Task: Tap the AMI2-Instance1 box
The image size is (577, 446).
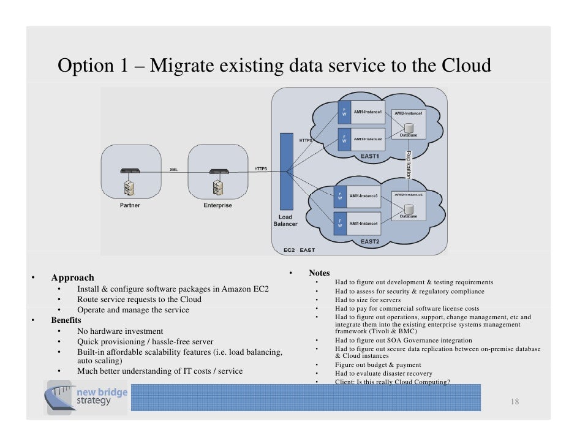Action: point(409,113)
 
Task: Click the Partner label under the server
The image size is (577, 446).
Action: point(129,205)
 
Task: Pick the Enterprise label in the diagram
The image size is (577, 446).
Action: point(217,205)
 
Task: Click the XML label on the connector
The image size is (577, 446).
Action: point(173,170)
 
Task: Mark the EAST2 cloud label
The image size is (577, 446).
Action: point(371,241)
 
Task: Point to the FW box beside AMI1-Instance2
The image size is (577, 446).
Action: point(344,139)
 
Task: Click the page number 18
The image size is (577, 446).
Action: point(515,402)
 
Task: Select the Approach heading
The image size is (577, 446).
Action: point(72,278)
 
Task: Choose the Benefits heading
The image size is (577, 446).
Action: point(66,320)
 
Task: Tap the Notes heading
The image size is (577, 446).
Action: point(319,273)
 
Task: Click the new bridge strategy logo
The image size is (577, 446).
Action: point(87,396)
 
